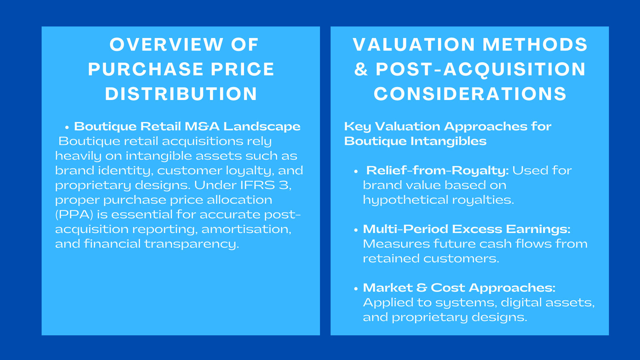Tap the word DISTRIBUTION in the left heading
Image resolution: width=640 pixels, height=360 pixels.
[181, 94]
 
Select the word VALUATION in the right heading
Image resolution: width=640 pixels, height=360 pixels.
[413, 44]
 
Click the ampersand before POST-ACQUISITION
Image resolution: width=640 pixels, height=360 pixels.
[361, 69]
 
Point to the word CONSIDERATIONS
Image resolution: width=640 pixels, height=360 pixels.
[470, 94]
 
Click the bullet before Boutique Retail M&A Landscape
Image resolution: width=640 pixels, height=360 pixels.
[67, 127]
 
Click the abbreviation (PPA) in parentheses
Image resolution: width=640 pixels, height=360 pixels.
[74, 215]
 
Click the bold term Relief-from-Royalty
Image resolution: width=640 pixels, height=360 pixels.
[437, 170]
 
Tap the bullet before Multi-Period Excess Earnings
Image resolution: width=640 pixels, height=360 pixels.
[356, 230]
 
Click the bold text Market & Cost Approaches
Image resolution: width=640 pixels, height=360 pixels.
[459, 288]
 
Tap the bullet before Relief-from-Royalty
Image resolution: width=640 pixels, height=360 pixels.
[356, 171]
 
